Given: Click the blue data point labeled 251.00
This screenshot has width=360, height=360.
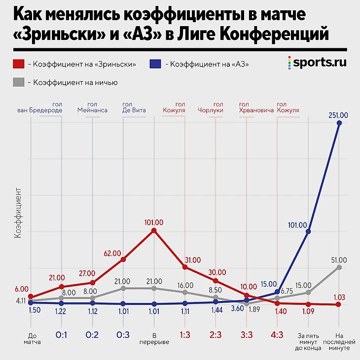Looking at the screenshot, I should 339,124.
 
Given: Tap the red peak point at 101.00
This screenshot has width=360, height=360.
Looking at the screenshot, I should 154,230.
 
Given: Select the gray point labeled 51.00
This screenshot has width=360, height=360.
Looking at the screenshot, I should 339,267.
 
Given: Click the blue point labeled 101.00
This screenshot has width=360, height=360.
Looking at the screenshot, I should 308,230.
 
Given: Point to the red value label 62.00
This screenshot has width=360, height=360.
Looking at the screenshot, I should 112,253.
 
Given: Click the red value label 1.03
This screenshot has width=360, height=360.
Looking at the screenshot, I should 339,297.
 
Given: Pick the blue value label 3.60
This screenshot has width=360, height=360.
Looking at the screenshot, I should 238,309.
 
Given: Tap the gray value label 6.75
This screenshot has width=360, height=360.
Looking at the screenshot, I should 287,291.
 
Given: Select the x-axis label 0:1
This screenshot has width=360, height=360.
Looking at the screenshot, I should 61,335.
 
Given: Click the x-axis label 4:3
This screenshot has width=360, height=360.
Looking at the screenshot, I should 277,335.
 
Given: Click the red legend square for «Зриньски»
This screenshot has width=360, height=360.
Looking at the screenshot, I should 18,64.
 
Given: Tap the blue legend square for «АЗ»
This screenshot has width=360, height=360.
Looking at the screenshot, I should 156,64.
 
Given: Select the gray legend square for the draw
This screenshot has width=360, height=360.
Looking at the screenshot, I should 18,82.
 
